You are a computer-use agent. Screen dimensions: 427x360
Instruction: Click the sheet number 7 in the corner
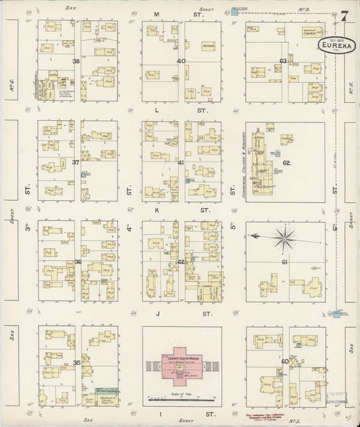tap(344, 16)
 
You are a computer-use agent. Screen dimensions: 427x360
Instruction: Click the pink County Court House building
tap(182, 366)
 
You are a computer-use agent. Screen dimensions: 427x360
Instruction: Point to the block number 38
tap(76, 61)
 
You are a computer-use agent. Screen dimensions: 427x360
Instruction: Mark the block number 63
tap(284, 61)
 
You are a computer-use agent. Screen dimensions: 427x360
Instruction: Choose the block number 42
tap(180, 261)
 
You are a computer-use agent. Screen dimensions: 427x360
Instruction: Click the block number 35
tap(77, 363)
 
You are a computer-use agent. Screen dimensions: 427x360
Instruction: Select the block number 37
tap(76, 162)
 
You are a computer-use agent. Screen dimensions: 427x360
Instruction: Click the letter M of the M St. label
tap(156, 14)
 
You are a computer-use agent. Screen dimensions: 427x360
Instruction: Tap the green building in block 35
tap(104, 391)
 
